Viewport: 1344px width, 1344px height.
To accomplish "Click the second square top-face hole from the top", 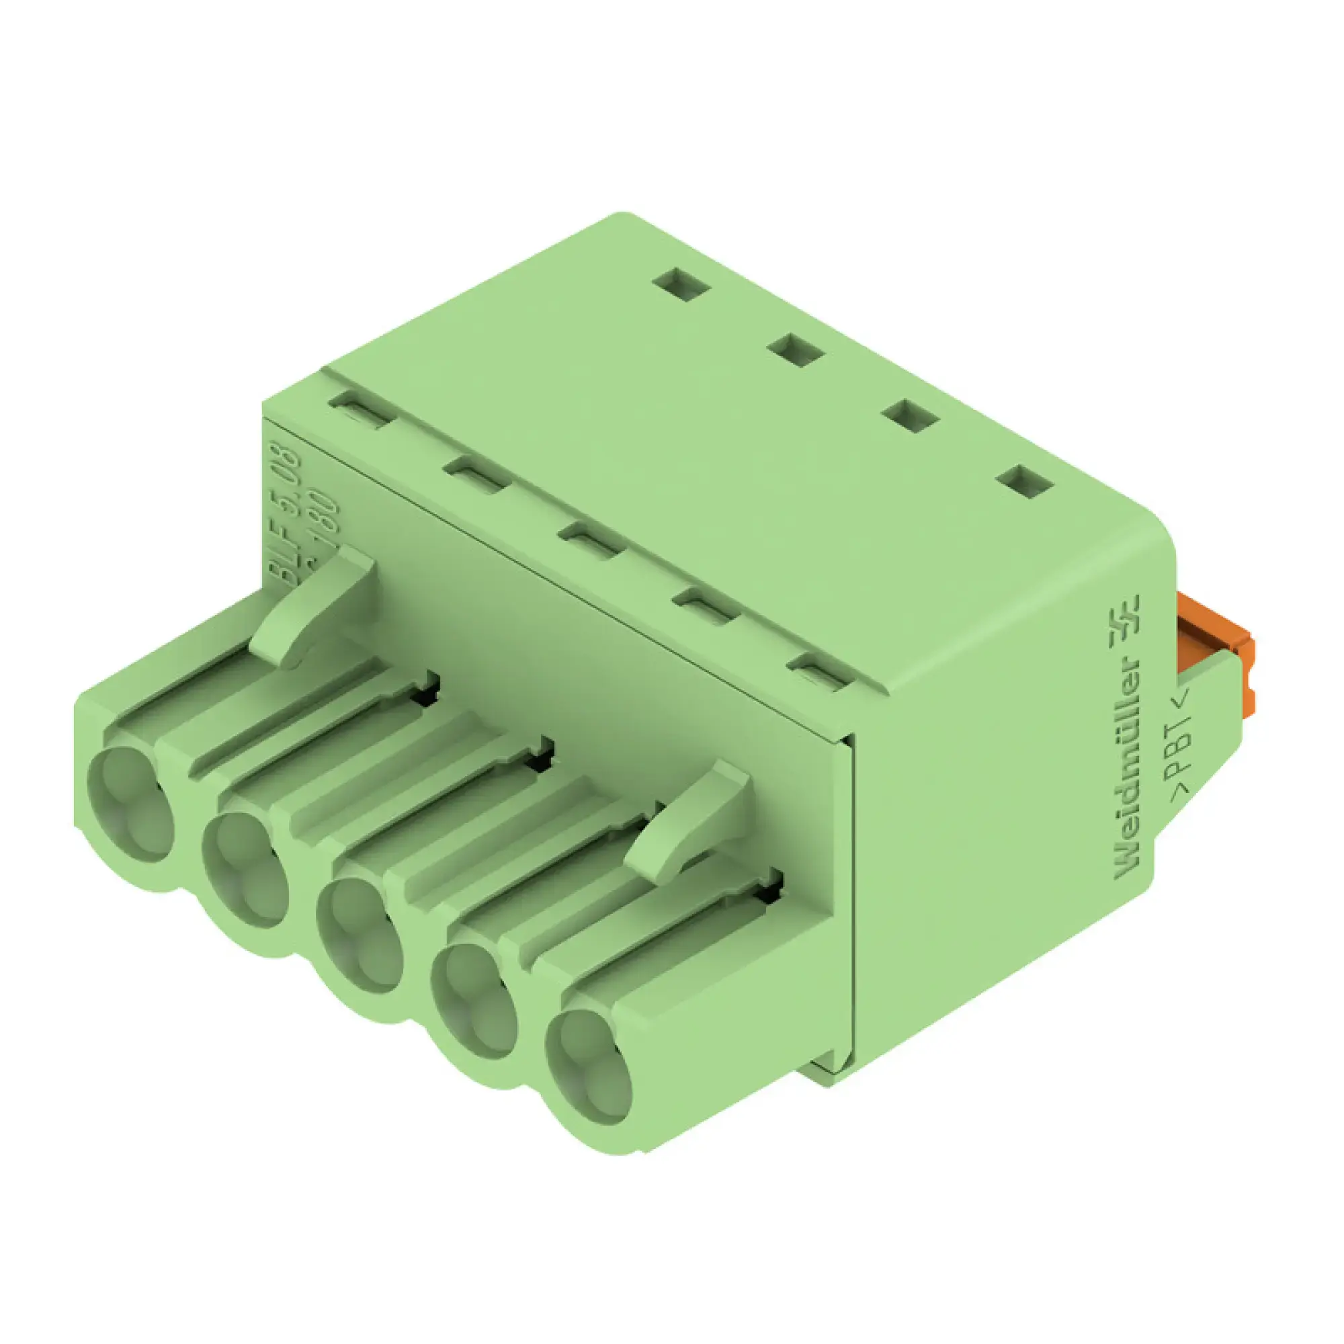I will [798, 349].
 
